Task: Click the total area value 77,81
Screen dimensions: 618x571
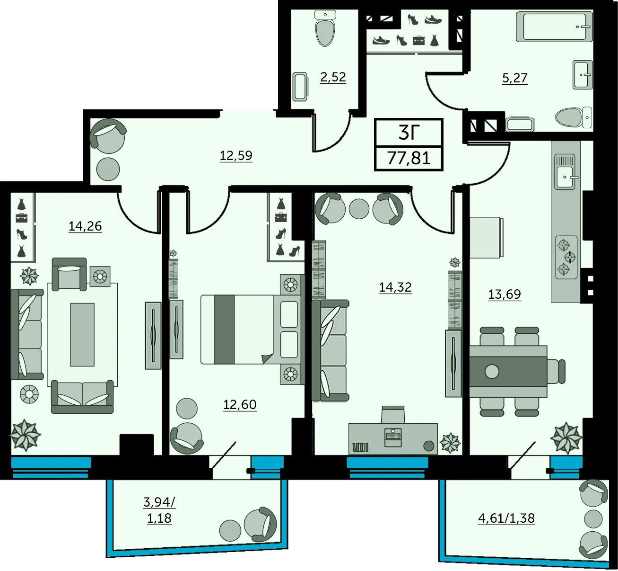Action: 409,158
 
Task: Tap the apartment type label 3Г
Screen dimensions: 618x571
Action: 409,132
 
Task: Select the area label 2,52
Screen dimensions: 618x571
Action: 333,77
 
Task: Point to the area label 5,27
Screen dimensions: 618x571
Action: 515,78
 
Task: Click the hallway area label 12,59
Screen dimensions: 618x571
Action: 236,155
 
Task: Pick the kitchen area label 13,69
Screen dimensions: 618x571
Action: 505,294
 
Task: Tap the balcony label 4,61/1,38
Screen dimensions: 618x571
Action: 506,518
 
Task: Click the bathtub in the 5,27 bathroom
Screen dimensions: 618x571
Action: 554,27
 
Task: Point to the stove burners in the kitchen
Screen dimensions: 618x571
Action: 566,258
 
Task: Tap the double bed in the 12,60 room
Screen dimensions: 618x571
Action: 251,330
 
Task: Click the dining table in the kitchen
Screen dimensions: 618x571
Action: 508,371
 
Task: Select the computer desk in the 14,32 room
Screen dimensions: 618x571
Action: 393,438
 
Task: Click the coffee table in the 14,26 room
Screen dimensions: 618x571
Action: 82,334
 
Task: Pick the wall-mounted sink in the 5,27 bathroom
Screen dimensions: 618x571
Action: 583,75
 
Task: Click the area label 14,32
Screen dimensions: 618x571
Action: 395,287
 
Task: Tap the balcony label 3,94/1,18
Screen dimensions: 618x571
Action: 159,510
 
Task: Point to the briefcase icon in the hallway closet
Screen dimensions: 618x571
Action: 418,41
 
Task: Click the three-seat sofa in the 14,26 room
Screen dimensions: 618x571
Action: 27,334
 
